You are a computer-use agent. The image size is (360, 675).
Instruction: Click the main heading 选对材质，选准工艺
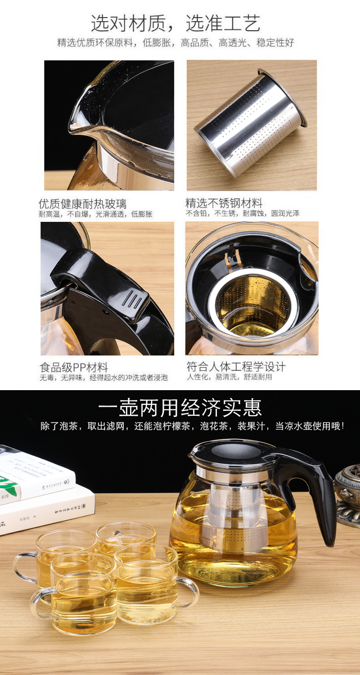point(175,23)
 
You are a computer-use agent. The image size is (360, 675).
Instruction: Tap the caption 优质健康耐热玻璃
point(82,204)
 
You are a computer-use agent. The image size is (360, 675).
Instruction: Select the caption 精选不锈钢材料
point(224,203)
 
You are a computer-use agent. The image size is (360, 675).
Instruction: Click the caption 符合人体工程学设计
point(236,366)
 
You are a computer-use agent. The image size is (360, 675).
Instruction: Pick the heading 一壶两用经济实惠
point(180,408)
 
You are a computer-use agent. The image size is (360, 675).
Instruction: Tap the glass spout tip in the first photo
point(72,129)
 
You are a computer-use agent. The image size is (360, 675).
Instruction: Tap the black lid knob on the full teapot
point(238,451)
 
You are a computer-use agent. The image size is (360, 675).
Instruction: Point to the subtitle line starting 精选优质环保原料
point(175,43)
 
